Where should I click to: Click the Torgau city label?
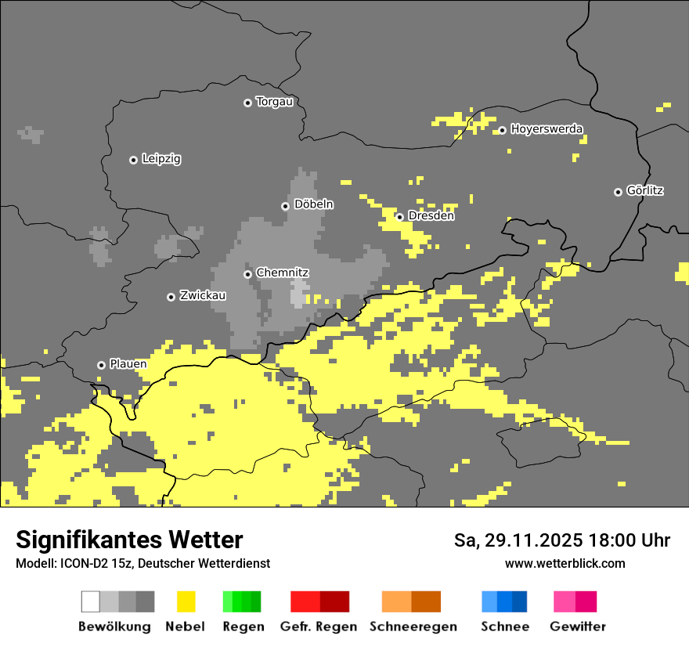(275, 102)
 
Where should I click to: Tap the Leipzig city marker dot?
(133, 160)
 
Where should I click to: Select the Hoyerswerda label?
(547, 129)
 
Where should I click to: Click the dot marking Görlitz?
(618, 192)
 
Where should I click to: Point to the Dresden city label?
(431, 216)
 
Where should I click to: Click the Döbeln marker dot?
(285, 206)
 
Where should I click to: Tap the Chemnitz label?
(283, 273)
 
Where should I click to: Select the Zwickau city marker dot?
(171, 297)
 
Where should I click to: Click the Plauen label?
(128, 364)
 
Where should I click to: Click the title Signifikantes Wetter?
(129, 540)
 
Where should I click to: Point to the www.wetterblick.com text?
(565, 563)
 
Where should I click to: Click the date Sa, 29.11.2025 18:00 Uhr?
(561, 540)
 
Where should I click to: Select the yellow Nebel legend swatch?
(186, 601)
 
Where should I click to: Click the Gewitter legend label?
(577, 627)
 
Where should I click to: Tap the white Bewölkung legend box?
(91, 601)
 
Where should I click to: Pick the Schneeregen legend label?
(413, 627)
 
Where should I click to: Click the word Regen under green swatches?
(243, 627)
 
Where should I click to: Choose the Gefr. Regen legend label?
(318, 627)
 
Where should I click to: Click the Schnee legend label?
(504, 627)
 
